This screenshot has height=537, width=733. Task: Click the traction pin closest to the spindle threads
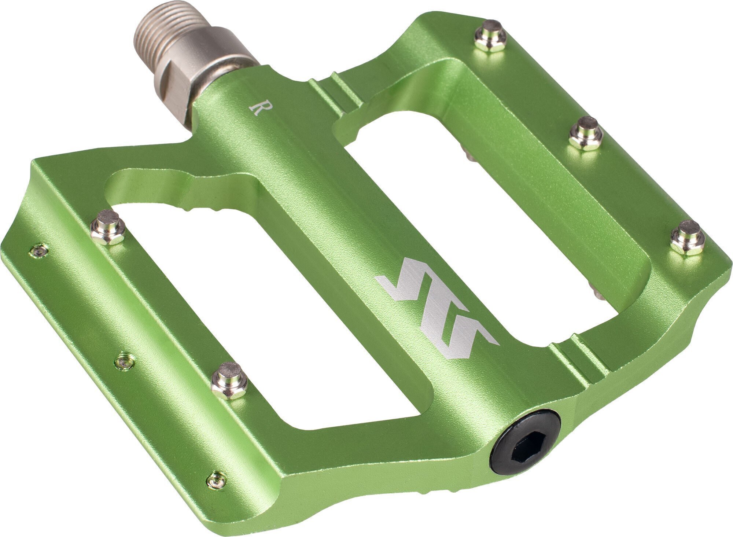tap(490, 36)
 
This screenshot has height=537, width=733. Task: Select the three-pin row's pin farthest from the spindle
tap(688, 238)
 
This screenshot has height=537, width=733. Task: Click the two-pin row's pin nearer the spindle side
tap(108, 227)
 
